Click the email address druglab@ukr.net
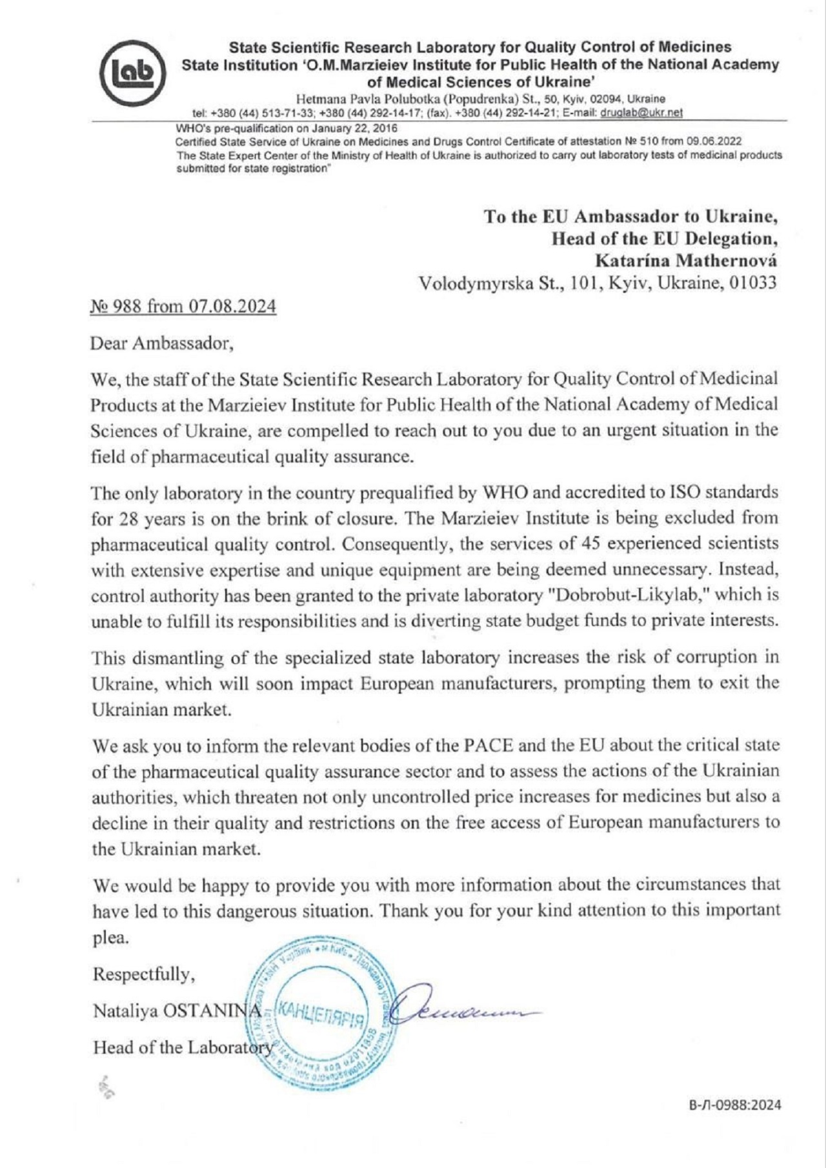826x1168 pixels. coord(641,112)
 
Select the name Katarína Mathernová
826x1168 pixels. coord(685,261)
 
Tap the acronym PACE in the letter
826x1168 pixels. coord(489,745)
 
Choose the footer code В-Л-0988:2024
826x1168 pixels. coord(734,1105)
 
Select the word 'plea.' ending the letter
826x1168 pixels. coord(111,938)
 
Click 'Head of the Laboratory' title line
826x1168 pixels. coord(183,1047)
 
